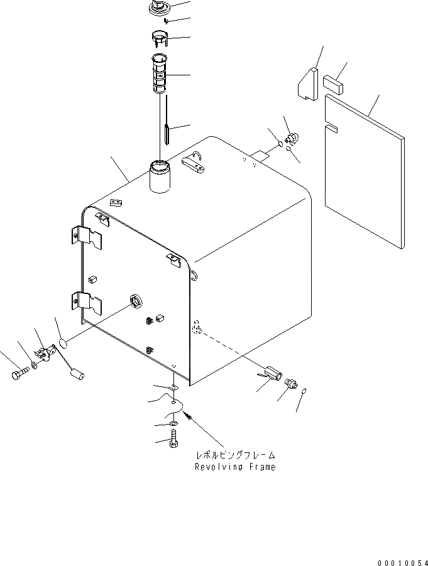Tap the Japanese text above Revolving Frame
click(x=237, y=455)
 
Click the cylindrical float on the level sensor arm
click(x=79, y=376)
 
